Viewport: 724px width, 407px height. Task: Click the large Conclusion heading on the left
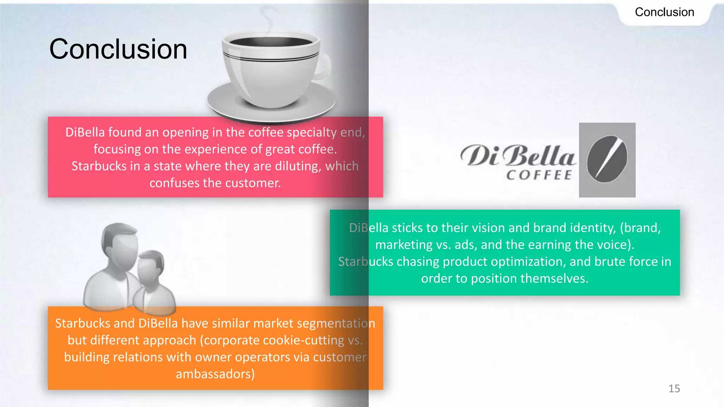click(x=118, y=49)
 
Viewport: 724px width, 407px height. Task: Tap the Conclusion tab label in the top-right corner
click(x=664, y=12)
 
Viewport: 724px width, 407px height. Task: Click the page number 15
click(x=674, y=389)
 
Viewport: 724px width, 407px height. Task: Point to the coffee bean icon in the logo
click(x=607, y=159)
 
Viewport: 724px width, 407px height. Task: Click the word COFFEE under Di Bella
click(x=539, y=175)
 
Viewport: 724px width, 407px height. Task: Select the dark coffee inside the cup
click(x=270, y=42)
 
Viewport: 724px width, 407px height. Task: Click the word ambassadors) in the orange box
click(x=215, y=374)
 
